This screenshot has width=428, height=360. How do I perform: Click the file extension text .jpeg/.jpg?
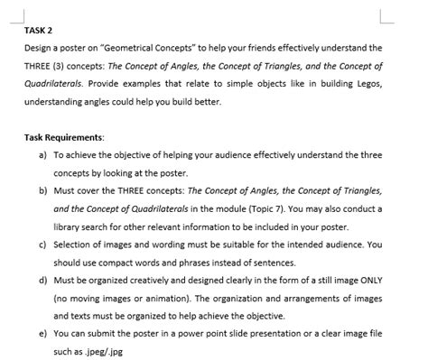coord(99,351)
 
